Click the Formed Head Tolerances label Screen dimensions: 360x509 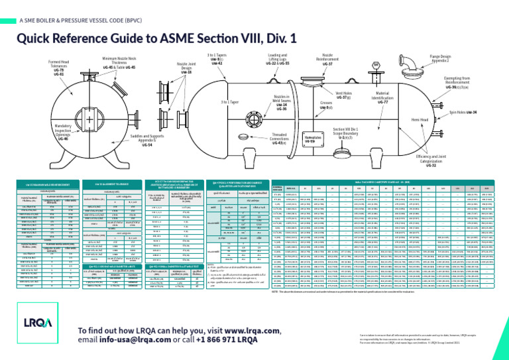point(59,66)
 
